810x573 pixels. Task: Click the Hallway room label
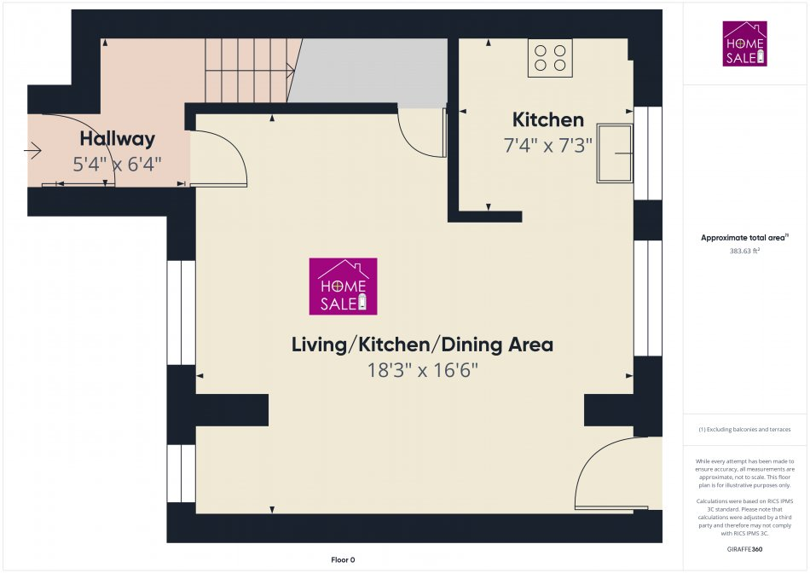(x=118, y=139)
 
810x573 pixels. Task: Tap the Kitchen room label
(x=547, y=120)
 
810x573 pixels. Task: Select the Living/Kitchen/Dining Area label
(x=422, y=344)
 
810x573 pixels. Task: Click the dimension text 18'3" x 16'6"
(x=422, y=371)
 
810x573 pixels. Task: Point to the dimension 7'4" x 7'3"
(x=547, y=146)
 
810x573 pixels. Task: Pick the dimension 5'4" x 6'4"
(x=118, y=164)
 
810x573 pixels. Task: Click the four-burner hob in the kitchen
(x=550, y=58)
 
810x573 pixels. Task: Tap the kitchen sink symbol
(x=615, y=153)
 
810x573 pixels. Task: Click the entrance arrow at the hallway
(x=33, y=152)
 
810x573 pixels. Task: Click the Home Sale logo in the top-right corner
(x=744, y=43)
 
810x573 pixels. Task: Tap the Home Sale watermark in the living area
(x=343, y=286)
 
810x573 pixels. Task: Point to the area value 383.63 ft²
(x=744, y=252)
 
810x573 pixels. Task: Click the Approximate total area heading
(x=743, y=238)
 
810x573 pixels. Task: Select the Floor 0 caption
(x=343, y=559)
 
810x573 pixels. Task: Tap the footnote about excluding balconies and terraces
(x=744, y=430)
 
